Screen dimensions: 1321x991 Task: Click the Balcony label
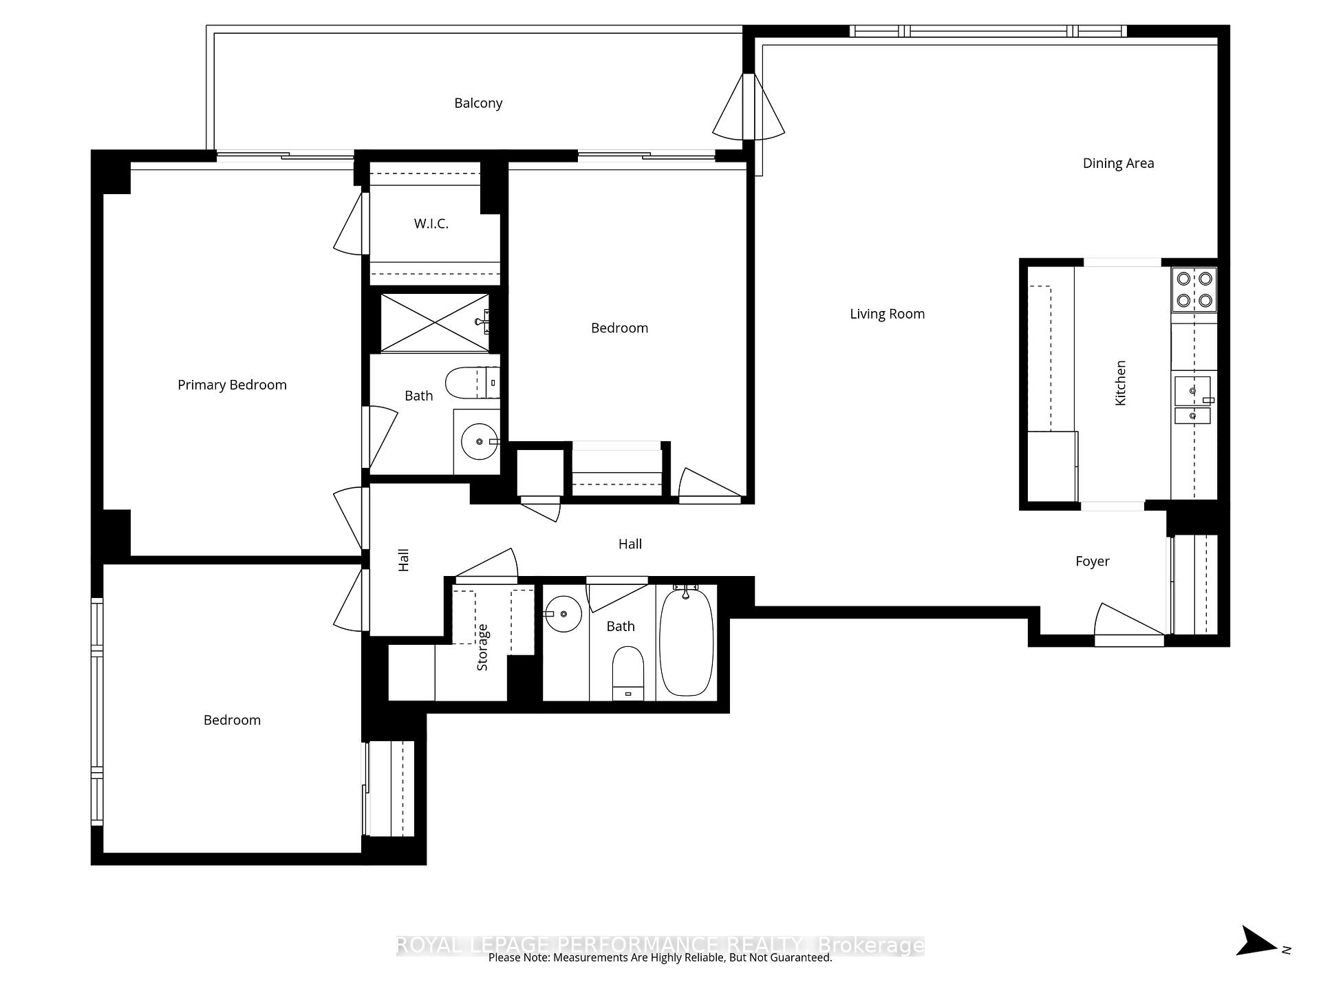pos(478,103)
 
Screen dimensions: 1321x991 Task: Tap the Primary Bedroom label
pos(232,385)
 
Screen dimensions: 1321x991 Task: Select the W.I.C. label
pos(431,224)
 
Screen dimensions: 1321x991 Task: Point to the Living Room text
pos(887,314)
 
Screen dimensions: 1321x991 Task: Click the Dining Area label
pos(1118,163)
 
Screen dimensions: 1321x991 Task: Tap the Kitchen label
pos(1120,383)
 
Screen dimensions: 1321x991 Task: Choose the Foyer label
pos(1093,562)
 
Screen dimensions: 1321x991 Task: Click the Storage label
pos(482,648)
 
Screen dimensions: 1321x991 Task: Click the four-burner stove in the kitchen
pos(1194,289)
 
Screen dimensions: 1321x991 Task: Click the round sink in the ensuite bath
pos(479,441)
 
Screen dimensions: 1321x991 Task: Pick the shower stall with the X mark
pos(435,323)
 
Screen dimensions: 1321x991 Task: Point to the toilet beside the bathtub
pos(627,674)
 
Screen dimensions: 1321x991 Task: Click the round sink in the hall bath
pos(563,613)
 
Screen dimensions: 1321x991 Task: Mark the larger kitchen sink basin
pos(1192,391)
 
